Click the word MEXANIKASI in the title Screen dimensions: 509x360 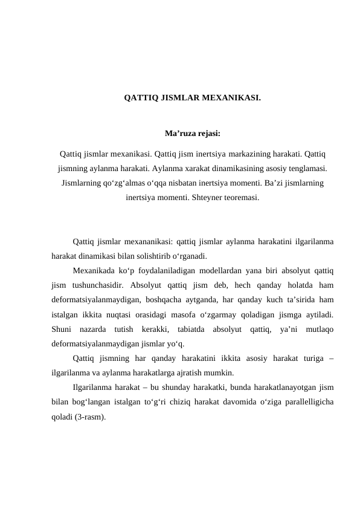[x=231, y=97]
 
